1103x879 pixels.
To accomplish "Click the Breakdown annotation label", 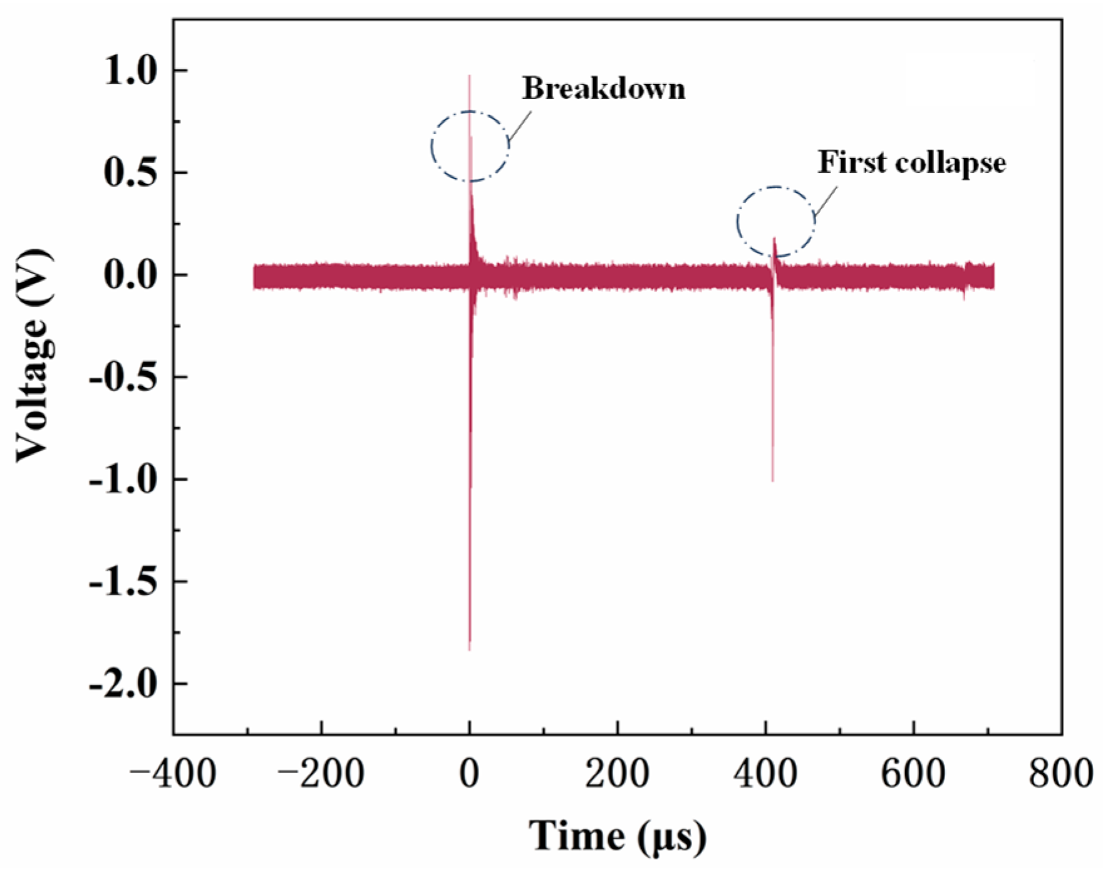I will [604, 88].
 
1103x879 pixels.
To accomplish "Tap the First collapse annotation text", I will [911, 163].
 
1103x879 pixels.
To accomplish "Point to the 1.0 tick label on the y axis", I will [130, 71].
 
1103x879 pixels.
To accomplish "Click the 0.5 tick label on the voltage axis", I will [130, 173].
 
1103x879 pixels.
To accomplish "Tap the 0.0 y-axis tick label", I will [130, 275].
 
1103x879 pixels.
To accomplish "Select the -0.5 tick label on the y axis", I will [123, 378].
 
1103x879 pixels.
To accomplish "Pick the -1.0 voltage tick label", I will [123, 480].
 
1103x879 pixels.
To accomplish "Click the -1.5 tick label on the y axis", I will [123, 582].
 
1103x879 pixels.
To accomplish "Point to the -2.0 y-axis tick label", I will [123, 684].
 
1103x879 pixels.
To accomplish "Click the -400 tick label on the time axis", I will [173, 774].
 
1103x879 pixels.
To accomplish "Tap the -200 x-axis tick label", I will [321, 774].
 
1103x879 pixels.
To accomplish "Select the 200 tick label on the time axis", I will [617, 774].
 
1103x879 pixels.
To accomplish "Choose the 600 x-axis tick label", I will [913, 774].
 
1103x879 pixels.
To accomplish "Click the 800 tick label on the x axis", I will [1061, 774].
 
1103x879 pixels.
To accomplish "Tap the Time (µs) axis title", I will [617, 836].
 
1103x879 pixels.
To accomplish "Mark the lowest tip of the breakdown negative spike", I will [469, 650].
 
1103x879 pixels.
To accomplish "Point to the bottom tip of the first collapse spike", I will [772, 481].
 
